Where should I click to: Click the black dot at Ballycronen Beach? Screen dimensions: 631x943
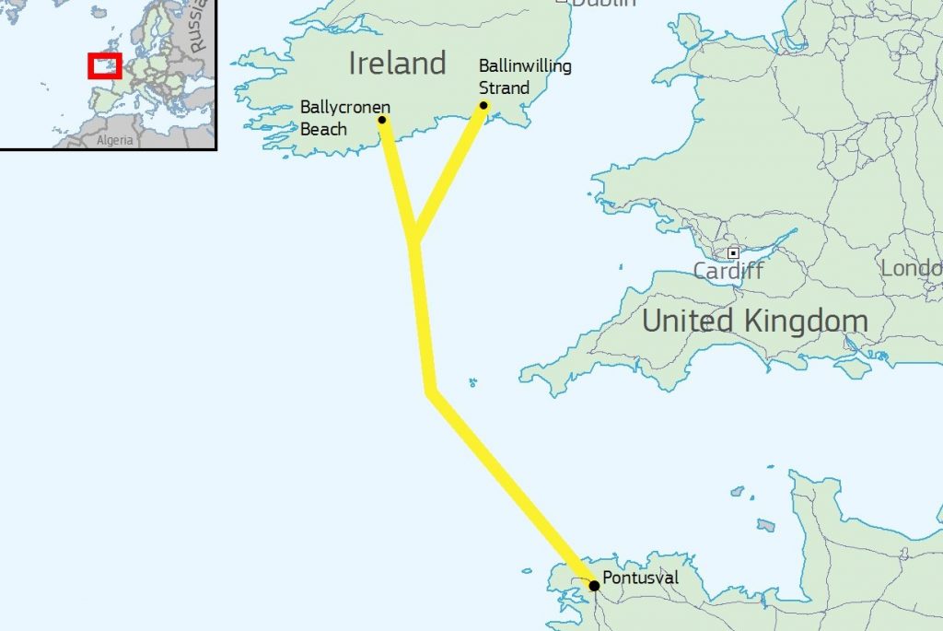point(382,119)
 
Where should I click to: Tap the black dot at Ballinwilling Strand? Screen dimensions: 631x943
point(483,105)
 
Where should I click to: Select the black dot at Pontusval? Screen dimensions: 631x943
point(595,585)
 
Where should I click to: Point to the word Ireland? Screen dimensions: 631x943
point(397,64)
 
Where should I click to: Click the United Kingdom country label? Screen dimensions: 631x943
point(754,321)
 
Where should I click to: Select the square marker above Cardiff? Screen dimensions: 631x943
point(733,252)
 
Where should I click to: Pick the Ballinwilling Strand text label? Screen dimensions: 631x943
point(524,77)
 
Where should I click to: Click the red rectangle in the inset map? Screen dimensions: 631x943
point(104,66)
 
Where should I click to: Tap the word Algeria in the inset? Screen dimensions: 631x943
point(115,141)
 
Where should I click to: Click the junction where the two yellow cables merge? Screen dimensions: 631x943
point(415,240)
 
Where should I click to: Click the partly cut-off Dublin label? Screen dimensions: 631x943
point(603,4)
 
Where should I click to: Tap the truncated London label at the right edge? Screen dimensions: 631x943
point(912,268)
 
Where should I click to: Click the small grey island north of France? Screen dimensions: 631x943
point(765,525)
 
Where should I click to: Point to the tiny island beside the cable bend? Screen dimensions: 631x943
point(472,382)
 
